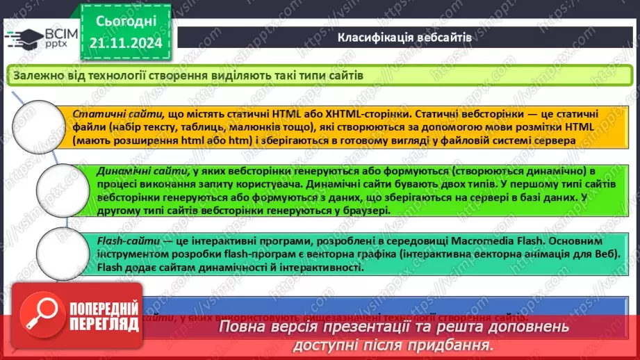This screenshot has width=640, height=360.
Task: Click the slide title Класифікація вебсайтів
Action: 404,38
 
